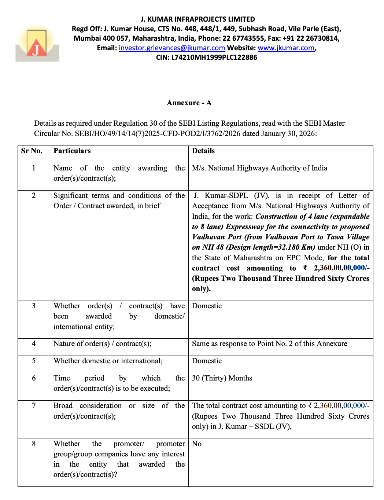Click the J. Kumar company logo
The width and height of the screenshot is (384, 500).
click(x=37, y=43)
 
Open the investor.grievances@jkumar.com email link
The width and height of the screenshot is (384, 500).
click(x=171, y=48)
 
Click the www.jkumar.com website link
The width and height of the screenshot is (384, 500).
click(x=286, y=48)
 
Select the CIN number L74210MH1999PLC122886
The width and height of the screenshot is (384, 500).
click(x=214, y=57)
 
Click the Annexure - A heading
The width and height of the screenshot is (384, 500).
click(x=189, y=103)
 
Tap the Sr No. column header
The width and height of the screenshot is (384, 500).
click(x=32, y=151)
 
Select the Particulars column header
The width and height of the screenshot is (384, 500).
click(x=72, y=151)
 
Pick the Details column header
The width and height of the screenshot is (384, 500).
click(x=203, y=151)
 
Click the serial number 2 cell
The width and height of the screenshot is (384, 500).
click(x=34, y=195)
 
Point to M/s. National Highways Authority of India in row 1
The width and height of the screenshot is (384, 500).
click(x=259, y=168)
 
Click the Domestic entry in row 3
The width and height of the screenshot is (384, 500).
click(x=207, y=306)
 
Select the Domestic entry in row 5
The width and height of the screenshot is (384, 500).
click(x=207, y=361)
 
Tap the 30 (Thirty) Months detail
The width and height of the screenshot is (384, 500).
click(x=222, y=378)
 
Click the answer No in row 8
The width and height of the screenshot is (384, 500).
click(x=197, y=444)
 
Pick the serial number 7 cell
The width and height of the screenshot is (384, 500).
click(x=34, y=405)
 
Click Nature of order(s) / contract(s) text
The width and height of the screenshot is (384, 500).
click(x=102, y=343)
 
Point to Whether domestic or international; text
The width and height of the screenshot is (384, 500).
click(x=108, y=361)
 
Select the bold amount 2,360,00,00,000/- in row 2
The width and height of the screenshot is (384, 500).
click(x=341, y=268)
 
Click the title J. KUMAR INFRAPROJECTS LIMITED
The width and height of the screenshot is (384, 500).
click(x=197, y=19)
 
